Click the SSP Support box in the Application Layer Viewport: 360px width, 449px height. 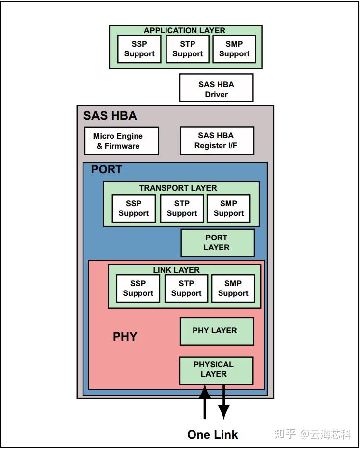tap(139, 49)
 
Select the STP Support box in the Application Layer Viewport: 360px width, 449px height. tap(187, 49)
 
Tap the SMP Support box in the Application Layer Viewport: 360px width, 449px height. tap(234, 49)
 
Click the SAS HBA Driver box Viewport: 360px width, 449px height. tap(216, 88)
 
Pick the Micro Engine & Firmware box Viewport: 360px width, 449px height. tap(119, 141)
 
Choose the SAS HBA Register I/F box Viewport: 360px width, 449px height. tap(217, 140)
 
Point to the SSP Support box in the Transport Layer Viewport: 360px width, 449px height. tap(133, 209)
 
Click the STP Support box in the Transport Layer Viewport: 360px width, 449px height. tap(182, 209)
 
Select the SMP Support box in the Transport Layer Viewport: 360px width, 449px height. tap(228, 209)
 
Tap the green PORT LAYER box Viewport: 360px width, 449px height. tap(217, 243)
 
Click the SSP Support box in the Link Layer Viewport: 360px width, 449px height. tap(138, 289)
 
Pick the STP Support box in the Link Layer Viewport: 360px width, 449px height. tap(186, 289)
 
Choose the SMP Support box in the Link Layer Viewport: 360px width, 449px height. tap(233, 289)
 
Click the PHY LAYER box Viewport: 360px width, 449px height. tap(216, 331)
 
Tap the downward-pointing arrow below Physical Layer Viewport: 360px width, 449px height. tap(224, 402)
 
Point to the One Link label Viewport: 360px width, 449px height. tap(213, 435)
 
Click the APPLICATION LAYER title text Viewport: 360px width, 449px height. tap(185, 30)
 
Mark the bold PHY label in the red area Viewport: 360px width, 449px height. tap(125, 337)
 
